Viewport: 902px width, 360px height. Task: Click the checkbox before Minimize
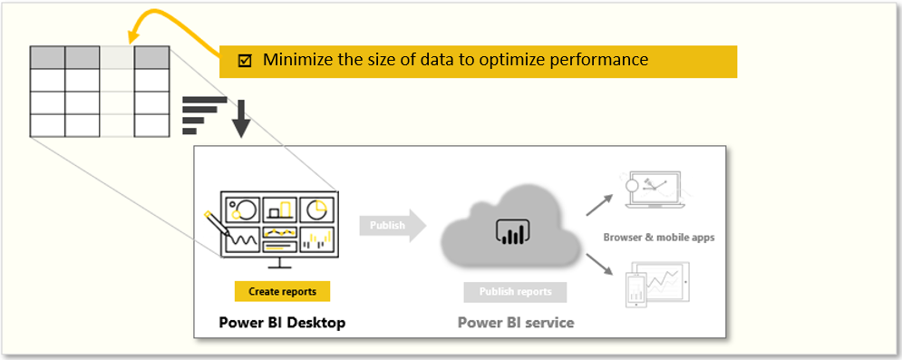click(x=245, y=61)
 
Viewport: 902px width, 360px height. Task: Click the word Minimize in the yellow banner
click(x=294, y=61)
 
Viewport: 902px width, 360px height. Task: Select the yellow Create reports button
click(x=282, y=291)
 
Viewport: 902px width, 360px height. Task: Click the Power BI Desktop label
click(x=282, y=322)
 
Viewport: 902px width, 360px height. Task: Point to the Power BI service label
click(x=515, y=322)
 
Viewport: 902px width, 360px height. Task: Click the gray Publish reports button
click(x=515, y=292)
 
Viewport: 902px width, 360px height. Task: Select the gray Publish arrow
click(x=391, y=225)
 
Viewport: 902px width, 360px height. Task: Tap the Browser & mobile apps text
click(x=659, y=238)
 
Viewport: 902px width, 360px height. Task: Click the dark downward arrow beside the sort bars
click(x=240, y=117)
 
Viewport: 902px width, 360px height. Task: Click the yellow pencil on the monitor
click(x=218, y=224)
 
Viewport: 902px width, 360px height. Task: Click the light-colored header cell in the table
click(x=116, y=57)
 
